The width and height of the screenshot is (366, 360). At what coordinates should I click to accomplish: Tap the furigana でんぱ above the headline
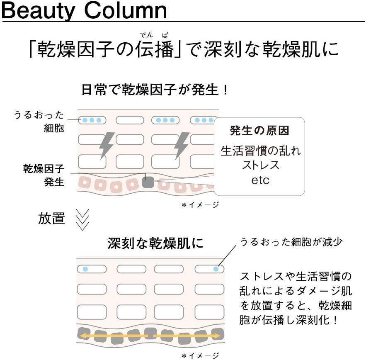pyautogui.click(x=153, y=35)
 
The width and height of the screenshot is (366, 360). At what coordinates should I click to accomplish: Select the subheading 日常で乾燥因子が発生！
pyautogui.click(x=154, y=90)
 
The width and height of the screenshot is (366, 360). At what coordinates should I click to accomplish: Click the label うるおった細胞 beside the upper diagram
pyautogui.click(x=40, y=121)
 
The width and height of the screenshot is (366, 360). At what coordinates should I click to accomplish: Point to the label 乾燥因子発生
pyautogui.click(x=44, y=175)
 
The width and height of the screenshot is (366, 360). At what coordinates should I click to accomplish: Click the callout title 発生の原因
pyautogui.click(x=259, y=131)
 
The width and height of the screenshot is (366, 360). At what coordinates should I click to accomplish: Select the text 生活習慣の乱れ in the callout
pyautogui.click(x=260, y=151)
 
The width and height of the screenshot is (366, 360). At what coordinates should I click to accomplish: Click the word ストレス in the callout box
pyautogui.click(x=260, y=165)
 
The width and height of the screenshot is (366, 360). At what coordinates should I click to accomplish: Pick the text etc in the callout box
pyautogui.click(x=260, y=180)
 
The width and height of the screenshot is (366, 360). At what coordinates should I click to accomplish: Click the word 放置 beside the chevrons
pyautogui.click(x=51, y=219)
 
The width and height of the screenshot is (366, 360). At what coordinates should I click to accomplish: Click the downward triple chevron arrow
pyautogui.click(x=82, y=219)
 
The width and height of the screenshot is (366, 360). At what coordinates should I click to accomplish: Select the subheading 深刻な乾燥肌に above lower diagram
pyautogui.click(x=155, y=243)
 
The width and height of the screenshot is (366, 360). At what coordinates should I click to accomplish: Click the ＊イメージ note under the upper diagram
pyautogui.click(x=200, y=204)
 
